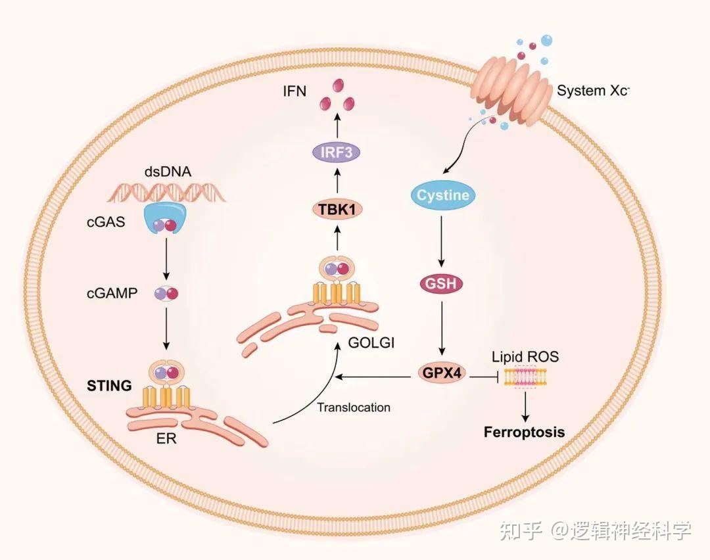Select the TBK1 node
[337, 210]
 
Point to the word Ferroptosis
[524, 432]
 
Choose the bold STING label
[109, 385]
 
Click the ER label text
[166, 438]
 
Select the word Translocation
[353, 408]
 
